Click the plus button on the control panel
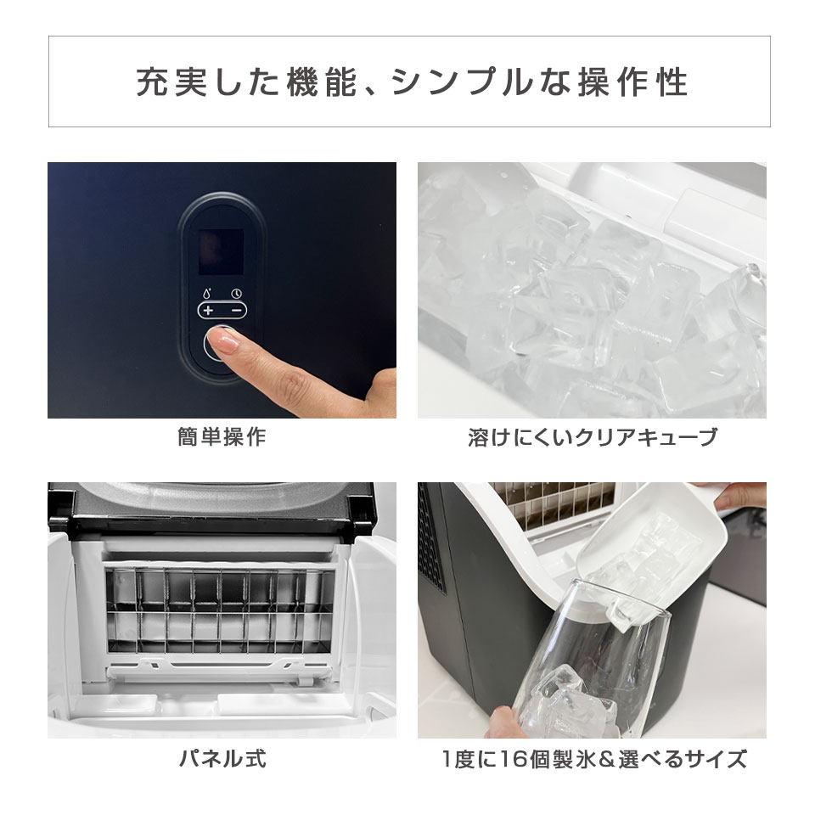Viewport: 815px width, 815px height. coord(208,311)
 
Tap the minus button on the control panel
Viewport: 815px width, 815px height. coord(236,311)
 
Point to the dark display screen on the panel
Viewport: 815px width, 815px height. coord(221,248)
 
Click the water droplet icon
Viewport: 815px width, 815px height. coord(207,295)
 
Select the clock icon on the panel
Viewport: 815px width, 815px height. coord(236,295)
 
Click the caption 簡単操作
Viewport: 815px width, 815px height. coord(222,438)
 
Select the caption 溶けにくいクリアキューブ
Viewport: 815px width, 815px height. coord(592,438)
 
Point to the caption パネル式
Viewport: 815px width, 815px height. coord(222,758)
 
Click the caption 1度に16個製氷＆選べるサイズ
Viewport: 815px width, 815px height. coord(592,758)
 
